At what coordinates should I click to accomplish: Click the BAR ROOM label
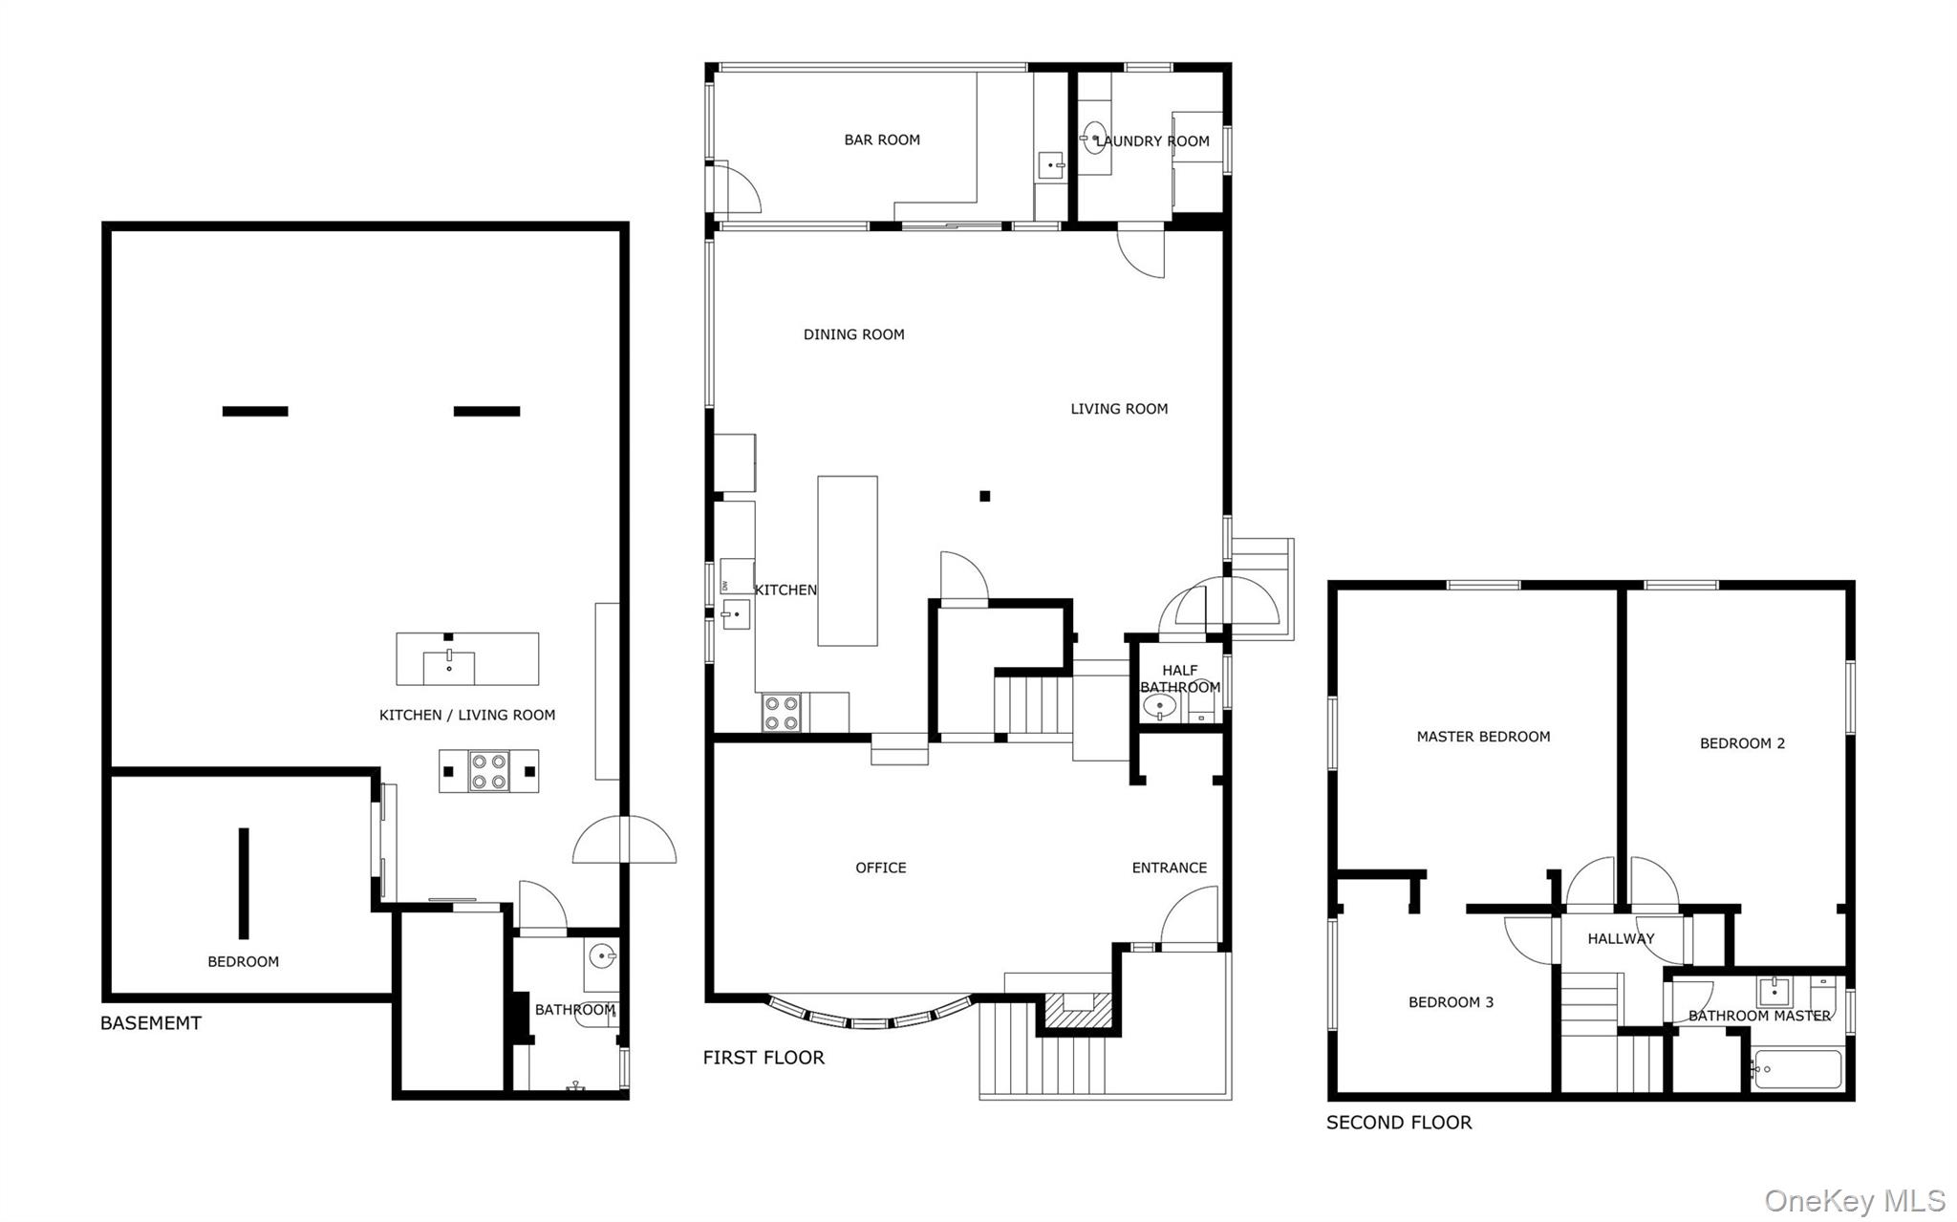coord(882,139)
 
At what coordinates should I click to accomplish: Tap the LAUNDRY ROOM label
coord(1152,141)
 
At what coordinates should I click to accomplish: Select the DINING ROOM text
coord(853,334)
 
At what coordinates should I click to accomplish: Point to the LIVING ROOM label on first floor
coord(1119,409)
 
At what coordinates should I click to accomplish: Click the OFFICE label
coord(881,868)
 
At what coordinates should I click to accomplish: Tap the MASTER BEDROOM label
coord(1483,737)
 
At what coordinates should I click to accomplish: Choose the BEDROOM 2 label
coord(1742,743)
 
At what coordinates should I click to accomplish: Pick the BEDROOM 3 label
coord(1451,1002)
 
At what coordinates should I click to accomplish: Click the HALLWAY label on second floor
coord(1621,939)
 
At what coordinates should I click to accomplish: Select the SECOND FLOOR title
coord(1399,1123)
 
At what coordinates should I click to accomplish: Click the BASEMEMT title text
coord(151,1023)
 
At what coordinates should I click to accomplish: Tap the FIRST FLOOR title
coord(763,1058)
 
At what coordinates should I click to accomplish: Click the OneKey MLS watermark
coord(1855,1200)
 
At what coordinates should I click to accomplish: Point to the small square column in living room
coord(984,496)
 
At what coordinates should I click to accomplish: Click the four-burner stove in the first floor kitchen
coord(781,713)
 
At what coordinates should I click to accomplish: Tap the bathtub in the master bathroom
coord(1796,1069)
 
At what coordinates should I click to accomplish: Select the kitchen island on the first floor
coord(848,561)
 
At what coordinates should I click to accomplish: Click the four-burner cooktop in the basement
coord(489,771)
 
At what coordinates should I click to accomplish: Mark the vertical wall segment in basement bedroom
coord(244,884)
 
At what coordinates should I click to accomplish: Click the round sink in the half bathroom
coord(1159,707)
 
